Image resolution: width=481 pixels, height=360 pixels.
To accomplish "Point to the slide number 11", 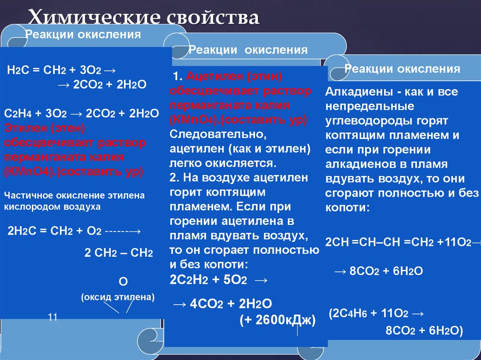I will (x=53, y=318).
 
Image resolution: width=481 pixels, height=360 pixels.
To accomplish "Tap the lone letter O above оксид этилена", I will (x=124, y=281).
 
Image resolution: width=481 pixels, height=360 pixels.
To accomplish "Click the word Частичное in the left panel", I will (x=28, y=195).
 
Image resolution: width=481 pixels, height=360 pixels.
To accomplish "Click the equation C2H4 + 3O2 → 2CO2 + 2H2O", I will (x=82, y=114).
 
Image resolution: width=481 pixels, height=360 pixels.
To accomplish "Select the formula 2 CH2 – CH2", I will (x=118, y=253).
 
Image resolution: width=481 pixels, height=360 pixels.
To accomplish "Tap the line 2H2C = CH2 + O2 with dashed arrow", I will (x=74, y=231).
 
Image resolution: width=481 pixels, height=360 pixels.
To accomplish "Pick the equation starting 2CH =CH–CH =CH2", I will (x=402, y=241).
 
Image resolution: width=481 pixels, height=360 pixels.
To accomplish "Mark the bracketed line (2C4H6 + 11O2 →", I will (x=376, y=313).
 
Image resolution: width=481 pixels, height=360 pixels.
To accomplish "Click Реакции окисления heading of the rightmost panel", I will (x=402, y=69).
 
